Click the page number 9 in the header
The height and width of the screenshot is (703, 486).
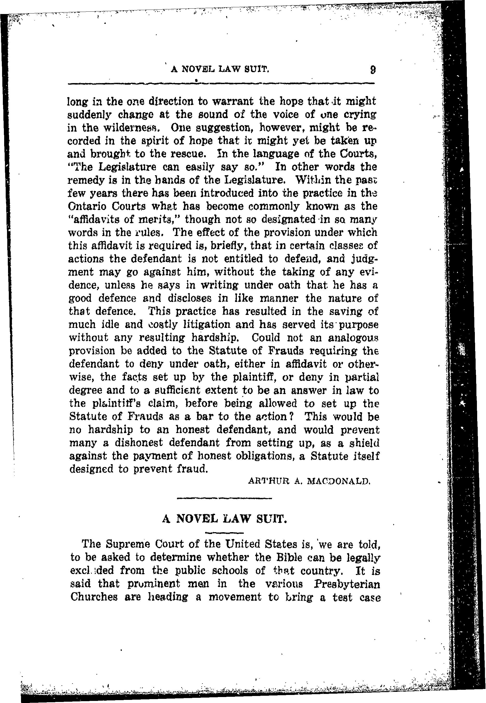coord(372,71)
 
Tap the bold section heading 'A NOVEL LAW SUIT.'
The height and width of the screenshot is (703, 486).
coord(225,518)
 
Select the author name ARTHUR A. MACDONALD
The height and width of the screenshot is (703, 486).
coord(309,481)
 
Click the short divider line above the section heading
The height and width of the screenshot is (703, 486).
coord(224,498)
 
